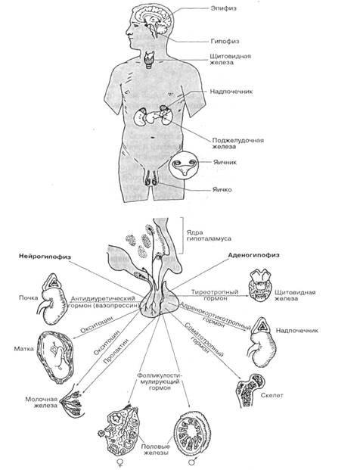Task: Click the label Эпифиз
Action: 223,8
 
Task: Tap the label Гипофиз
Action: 225,41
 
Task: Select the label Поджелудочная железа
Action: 238,143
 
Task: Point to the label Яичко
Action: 222,189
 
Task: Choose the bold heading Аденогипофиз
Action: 253,255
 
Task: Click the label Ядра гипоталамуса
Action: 209,235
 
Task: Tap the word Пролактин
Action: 116,351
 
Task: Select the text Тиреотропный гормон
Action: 215,295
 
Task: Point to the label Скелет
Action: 272,395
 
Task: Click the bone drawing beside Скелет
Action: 250,390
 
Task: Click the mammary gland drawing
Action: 73,402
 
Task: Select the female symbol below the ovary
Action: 121,462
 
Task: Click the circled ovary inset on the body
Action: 183,166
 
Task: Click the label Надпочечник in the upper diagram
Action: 231,91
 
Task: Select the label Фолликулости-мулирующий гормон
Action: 160,381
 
